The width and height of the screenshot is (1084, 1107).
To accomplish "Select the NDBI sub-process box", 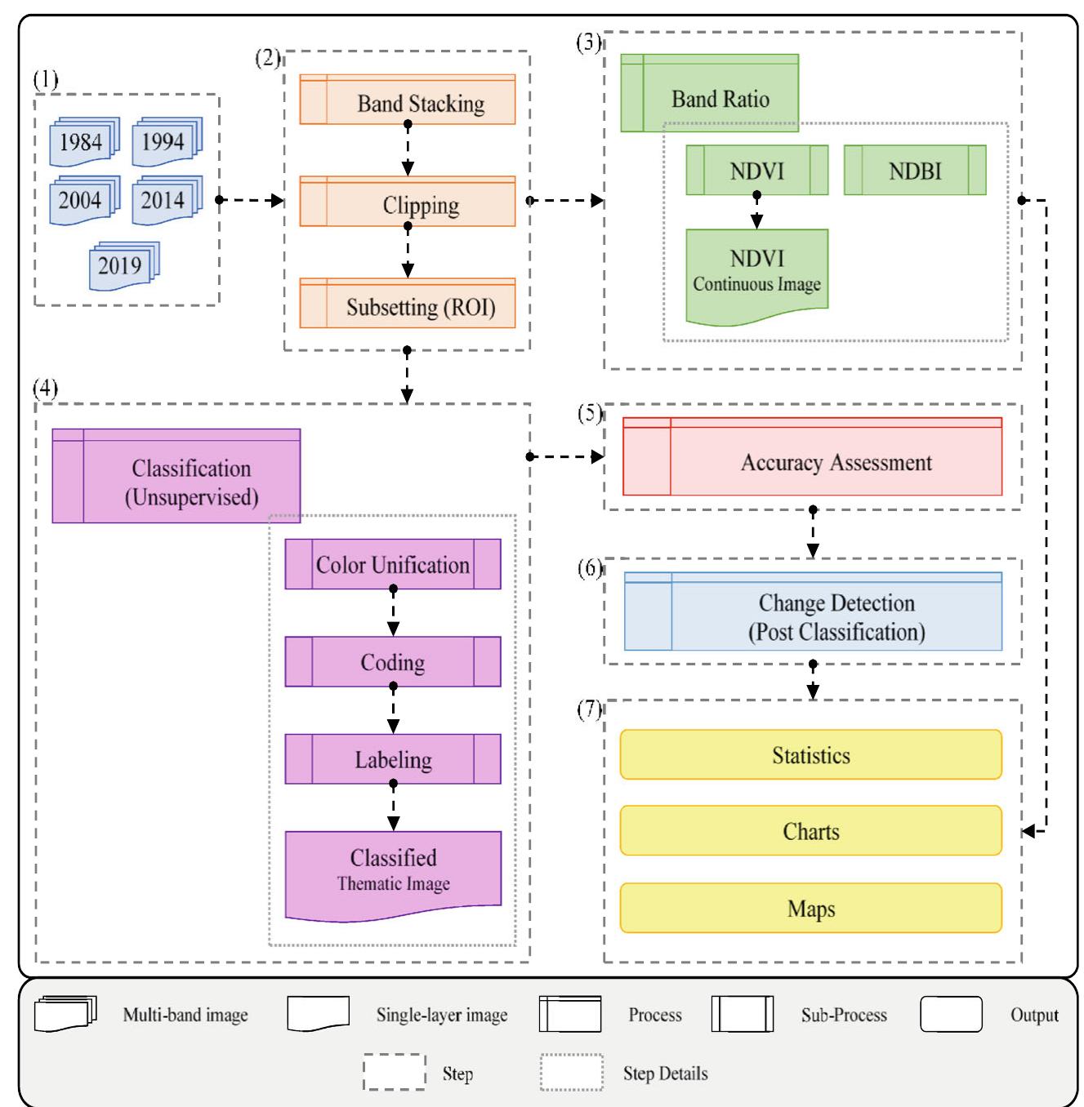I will click(x=914, y=171).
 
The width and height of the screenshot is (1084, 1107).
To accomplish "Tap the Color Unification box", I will click(x=392, y=564).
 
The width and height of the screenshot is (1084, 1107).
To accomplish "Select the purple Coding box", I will click(x=392, y=662).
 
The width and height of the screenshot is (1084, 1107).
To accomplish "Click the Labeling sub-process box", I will click(x=392, y=759).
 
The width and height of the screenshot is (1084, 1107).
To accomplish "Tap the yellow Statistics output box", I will click(x=810, y=755).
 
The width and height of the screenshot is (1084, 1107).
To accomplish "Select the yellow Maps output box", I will click(x=810, y=908).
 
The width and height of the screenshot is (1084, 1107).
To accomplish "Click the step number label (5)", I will click(x=589, y=413).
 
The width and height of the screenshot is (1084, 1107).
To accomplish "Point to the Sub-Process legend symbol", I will click(x=742, y=1015).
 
